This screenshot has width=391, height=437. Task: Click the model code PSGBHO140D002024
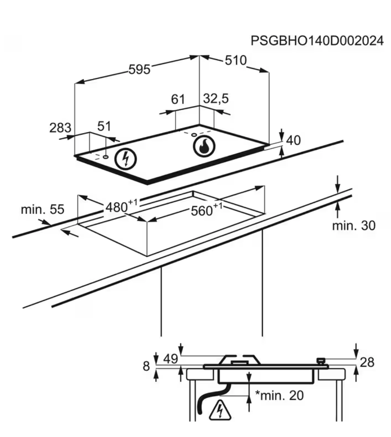(317, 41)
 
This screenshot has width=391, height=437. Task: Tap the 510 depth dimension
(235, 60)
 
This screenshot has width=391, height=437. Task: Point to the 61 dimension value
(178, 99)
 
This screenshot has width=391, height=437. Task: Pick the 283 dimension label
(60, 128)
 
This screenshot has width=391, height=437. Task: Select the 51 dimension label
(104, 126)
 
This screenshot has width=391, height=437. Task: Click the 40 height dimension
(293, 140)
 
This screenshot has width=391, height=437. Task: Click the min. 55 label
(43, 210)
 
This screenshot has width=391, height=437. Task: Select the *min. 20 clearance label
(279, 395)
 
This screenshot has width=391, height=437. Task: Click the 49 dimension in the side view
(170, 359)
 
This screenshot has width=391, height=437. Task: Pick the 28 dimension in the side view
(367, 362)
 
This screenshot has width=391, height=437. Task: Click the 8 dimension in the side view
(146, 366)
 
